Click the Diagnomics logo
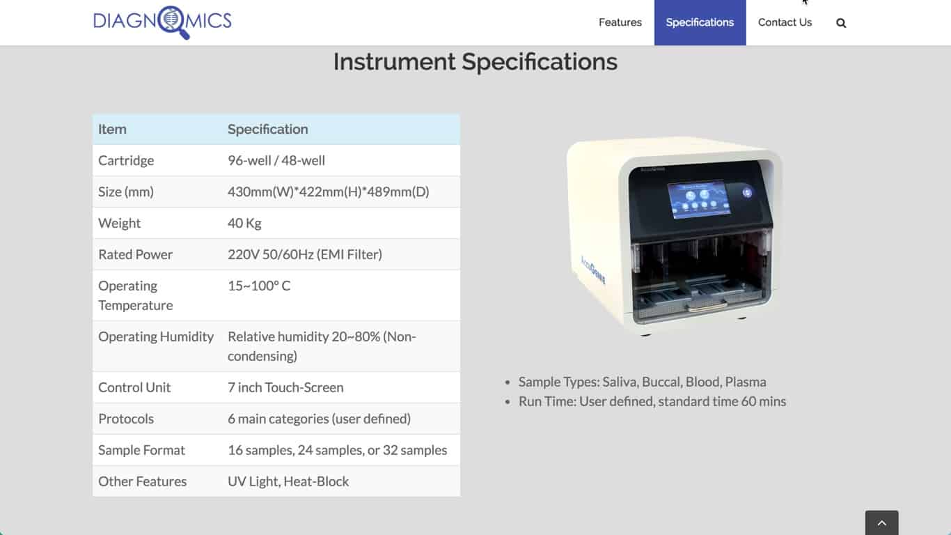click(163, 22)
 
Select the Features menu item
click(620, 22)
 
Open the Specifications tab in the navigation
click(700, 22)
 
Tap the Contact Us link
click(785, 22)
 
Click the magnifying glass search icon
click(841, 23)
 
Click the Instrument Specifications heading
click(475, 61)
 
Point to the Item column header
click(112, 129)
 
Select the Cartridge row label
click(126, 161)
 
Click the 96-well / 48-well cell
click(276, 161)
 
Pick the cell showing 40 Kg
click(244, 223)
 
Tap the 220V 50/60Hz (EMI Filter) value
click(305, 254)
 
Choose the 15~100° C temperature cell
click(259, 286)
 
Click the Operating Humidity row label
click(156, 336)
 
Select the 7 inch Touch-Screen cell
click(285, 387)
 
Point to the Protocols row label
click(126, 419)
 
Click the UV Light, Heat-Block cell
click(288, 481)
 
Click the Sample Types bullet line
click(642, 382)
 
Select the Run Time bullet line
click(652, 401)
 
